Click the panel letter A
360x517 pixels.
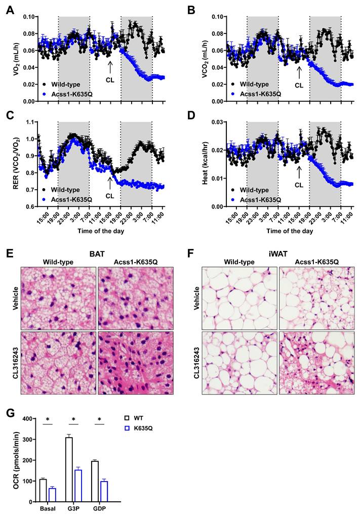tap(10, 10)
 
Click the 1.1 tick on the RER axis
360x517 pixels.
tap(28, 122)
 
